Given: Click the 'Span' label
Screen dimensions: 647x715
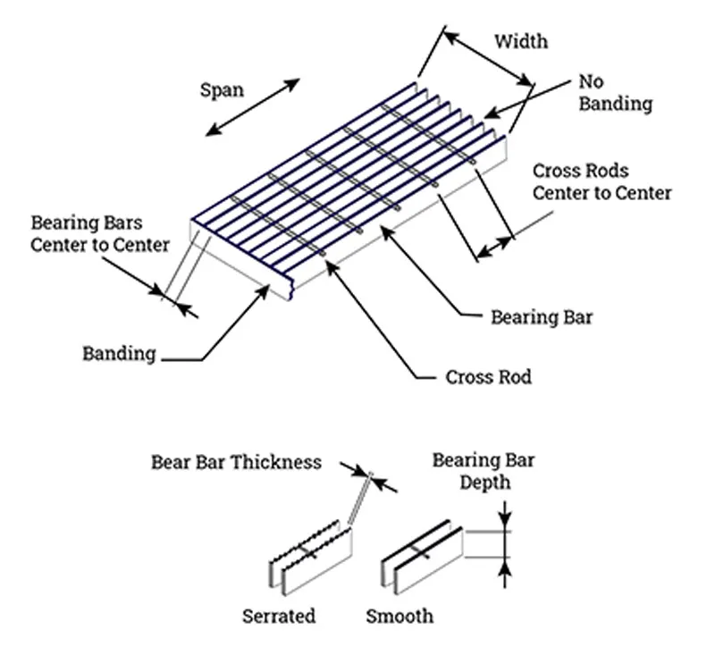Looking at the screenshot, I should coord(222,89).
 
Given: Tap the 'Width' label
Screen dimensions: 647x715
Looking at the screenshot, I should coord(521,41).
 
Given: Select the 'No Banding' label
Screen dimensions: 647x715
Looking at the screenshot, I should coord(615,93).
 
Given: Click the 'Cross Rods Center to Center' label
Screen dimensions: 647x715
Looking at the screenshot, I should coord(601,181).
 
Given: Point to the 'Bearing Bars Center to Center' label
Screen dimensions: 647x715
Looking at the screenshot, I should coord(99,232).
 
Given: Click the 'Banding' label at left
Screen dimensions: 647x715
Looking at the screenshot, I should coord(119,353).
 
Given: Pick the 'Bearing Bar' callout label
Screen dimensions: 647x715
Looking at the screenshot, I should coord(542,316).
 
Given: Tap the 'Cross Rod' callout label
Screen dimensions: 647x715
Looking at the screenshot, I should coord(488,376).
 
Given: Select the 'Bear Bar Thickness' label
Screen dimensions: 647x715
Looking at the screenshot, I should coord(236,462).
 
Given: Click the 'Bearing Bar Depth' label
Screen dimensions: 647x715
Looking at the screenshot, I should coord(484,471).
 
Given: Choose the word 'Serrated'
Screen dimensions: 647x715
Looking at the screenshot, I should coord(279,616).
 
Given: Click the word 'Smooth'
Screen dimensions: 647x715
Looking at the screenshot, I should coord(400,616).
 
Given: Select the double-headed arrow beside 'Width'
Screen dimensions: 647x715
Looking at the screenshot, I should coord(488,60).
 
